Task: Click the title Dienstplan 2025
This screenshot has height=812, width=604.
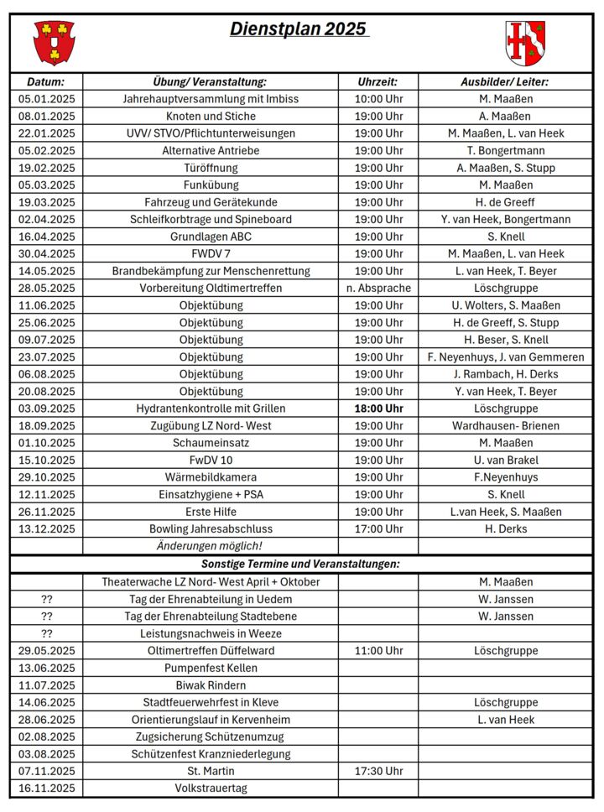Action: pyautogui.click(x=299, y=29)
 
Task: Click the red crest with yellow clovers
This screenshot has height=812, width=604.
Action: pyautogui.click(x=54, y=42)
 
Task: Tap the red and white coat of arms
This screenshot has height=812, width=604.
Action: pyautogui.click(x=526, y=43)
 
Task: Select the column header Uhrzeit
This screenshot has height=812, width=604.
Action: pyautogui.click(x=377, y=82)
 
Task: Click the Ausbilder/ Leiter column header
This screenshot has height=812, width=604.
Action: pyautogui.click(x=505, y=82)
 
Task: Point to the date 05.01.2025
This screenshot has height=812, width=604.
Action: pyautogui.click(x=46, y=99)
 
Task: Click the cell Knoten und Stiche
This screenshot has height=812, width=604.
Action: pyautogui.click(x=211, y=117)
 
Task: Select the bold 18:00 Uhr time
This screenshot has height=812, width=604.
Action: pyautogui.click(x=378, y=409)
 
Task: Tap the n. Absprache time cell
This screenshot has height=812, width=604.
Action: pyautogui.click(x=378, y=289)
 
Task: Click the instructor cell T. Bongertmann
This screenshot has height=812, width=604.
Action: pyautogui.click(x=506, y=151)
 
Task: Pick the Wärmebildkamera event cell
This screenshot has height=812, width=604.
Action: pyautogui.click(x=211, y=477)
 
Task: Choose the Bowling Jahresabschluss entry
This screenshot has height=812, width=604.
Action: pyautogui.click(x=211, y=529)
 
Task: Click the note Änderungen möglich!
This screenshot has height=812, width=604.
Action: pyautogui.click(x=211, y=546)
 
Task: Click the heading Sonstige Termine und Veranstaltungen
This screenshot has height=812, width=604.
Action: pyautogui.click(x=300, y=564)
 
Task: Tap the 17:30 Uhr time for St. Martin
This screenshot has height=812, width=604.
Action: pyautogui.click(x=378, y=771)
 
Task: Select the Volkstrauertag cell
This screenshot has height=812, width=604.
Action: pyautogui.click(x=211, y=789)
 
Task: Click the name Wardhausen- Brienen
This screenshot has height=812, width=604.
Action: pyautogui.click(x=506, y=426)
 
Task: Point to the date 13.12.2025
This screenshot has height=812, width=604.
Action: pyautogui.click(x=46, y=529)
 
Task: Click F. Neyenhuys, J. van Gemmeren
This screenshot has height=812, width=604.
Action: pyautogui.click(x=506, y=357)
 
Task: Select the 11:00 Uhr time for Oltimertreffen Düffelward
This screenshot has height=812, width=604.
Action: pyautogui.click(x=378, y=651)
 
